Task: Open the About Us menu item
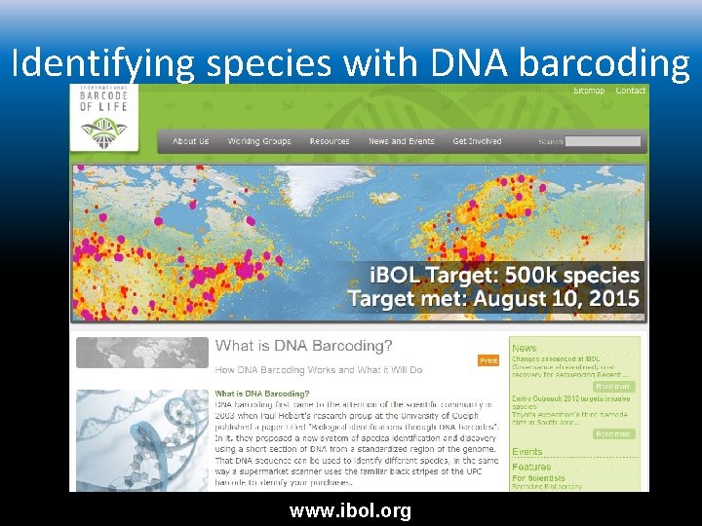click(x=190, y=141)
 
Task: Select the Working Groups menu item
click(x=259, y=141)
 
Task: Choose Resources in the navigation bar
click(x=330, y=141)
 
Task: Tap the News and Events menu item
click(x=401, y=141)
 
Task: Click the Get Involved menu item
click(x=477, y=141)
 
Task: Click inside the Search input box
click(x=603, y=142)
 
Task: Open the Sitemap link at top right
click(x=589, y=91)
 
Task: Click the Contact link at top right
click(x=631, y=91)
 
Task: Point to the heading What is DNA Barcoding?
click(x=304, y=346)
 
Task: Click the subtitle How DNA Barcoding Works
click(x=319, y=370)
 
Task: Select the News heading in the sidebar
click(x=525, y=348)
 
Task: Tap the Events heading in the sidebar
click(x=527, y=452)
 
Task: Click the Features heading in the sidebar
click(x=531, y=468)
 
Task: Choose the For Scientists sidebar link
click(x=537, y=478)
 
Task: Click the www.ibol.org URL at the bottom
click(x=351, y=510)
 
